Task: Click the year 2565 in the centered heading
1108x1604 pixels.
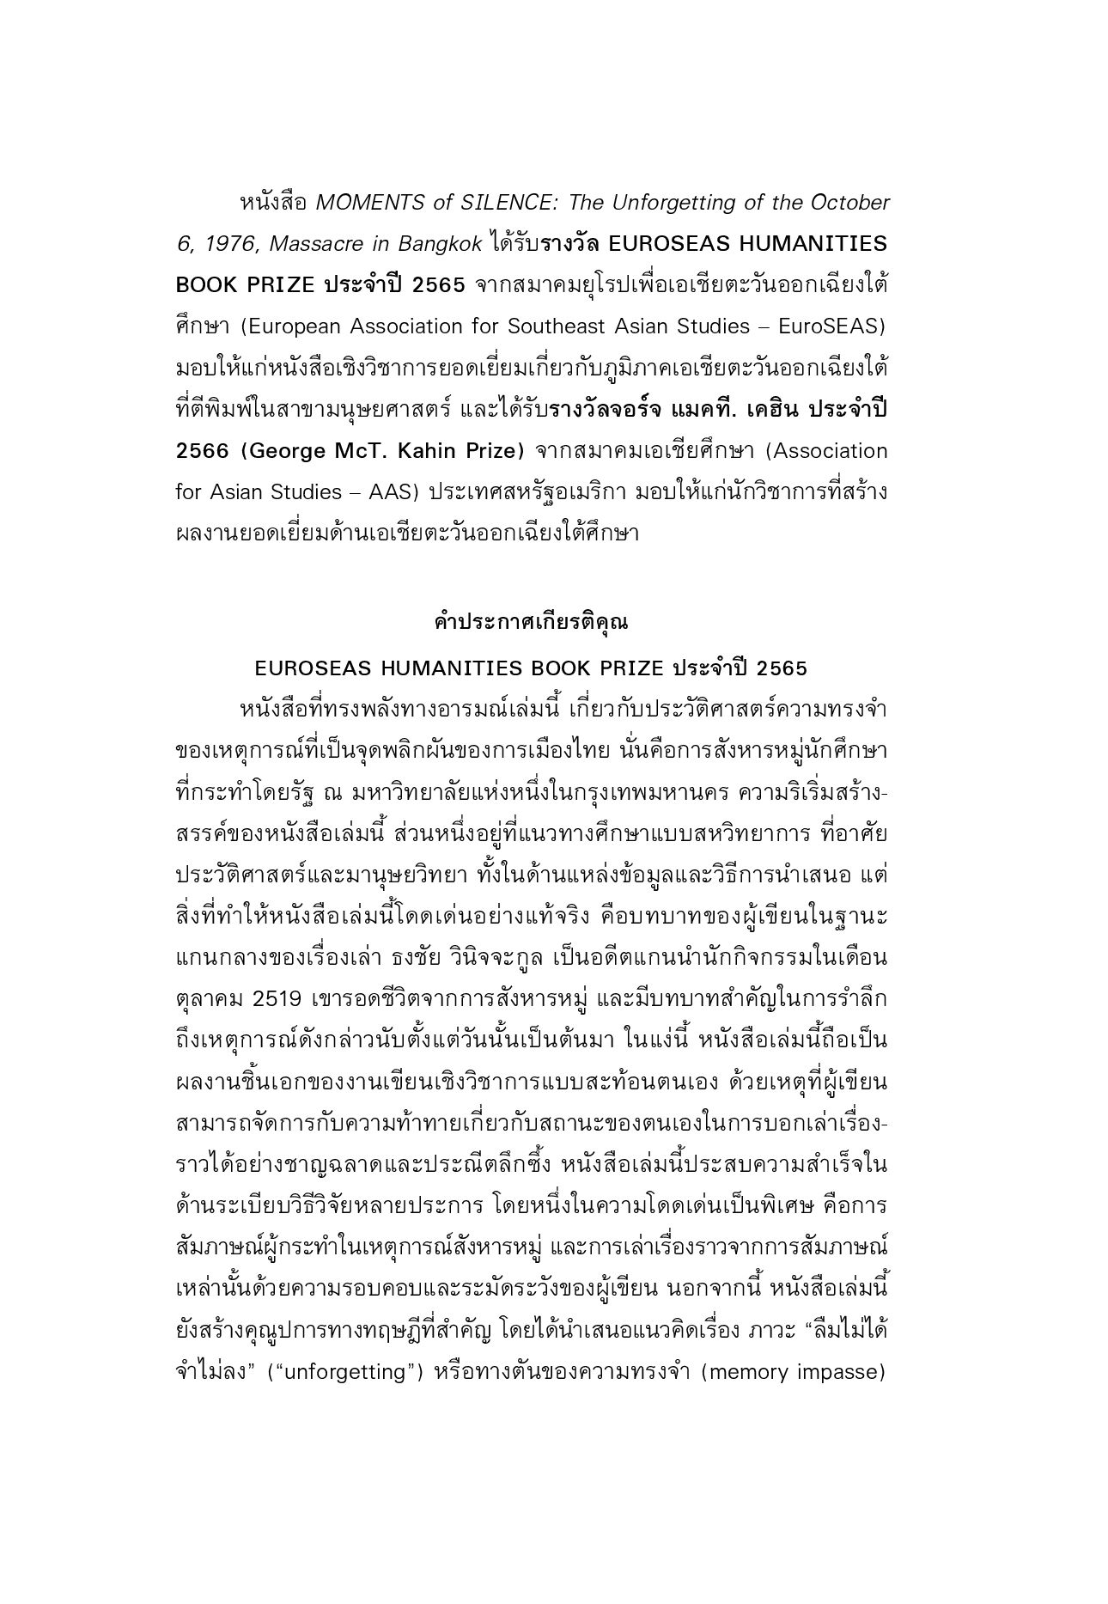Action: coord(782,668)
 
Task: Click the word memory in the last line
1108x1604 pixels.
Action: coord(751,1371)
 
